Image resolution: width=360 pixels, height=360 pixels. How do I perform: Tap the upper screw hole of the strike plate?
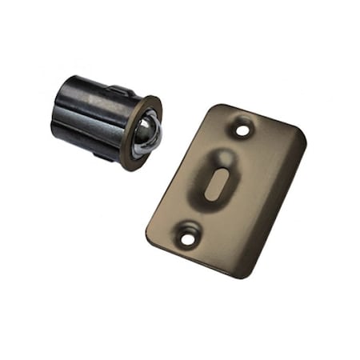click(242, 126)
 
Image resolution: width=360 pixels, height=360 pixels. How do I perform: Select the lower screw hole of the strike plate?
click(189, 235)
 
